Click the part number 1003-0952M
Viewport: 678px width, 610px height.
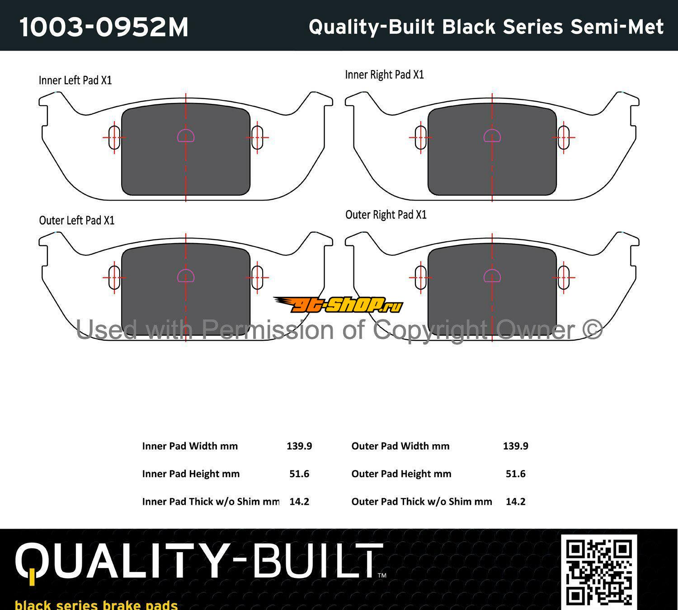(104, 27)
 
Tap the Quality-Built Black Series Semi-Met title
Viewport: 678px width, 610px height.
(486, 27)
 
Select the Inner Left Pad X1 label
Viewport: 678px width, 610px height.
(75, 80)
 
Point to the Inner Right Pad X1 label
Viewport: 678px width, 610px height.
(384, 75)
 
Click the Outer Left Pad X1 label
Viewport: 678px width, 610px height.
(77, 221)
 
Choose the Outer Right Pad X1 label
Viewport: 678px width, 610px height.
(386, 215)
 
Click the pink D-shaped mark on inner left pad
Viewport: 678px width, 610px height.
(186, 136)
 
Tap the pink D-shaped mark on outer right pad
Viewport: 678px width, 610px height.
(492, 276)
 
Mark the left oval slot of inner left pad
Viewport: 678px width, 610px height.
(114, 137)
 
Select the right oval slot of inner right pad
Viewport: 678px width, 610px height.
(564, 137)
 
